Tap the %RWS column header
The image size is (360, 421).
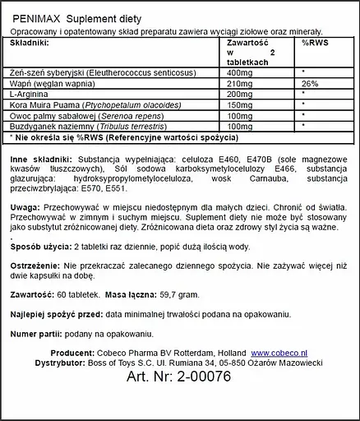(316, 41)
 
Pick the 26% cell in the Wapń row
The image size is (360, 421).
(310, 83)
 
